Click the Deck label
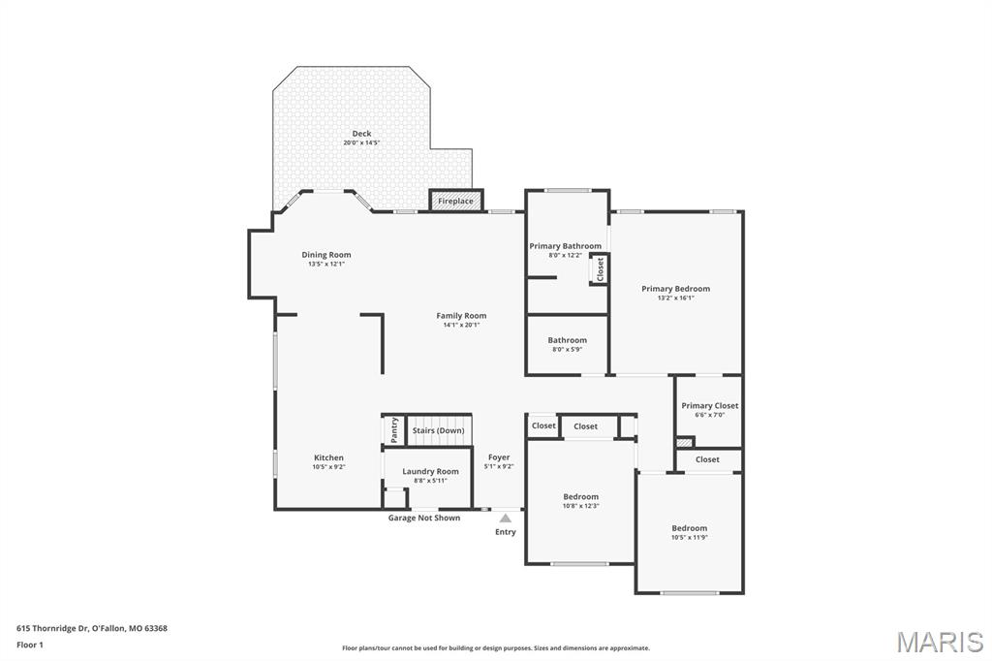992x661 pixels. coord(361,134)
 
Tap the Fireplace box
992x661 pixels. coord(455,201)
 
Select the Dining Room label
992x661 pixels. coord(325,255)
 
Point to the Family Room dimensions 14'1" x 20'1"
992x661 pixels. coord(461,325)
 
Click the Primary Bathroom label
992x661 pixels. coord(565,246)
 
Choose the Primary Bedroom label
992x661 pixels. coord(675,289)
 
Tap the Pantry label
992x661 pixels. coord(394,429)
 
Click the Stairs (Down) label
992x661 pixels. coord(438,430)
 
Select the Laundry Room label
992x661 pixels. coord(430,471)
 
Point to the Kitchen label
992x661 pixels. coord(328,457)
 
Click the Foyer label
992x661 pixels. coord(499,457)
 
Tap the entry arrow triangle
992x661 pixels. coord(505,519)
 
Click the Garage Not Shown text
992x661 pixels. coord(424,518)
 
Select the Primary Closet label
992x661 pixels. coord(709,406)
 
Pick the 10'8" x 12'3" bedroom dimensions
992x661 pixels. coord(581,506)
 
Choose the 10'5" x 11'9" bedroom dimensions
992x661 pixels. coord(690,537)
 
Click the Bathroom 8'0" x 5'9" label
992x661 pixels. coord(567,340)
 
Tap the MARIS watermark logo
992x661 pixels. coord(940,642)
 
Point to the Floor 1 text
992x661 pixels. coord(30,645)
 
